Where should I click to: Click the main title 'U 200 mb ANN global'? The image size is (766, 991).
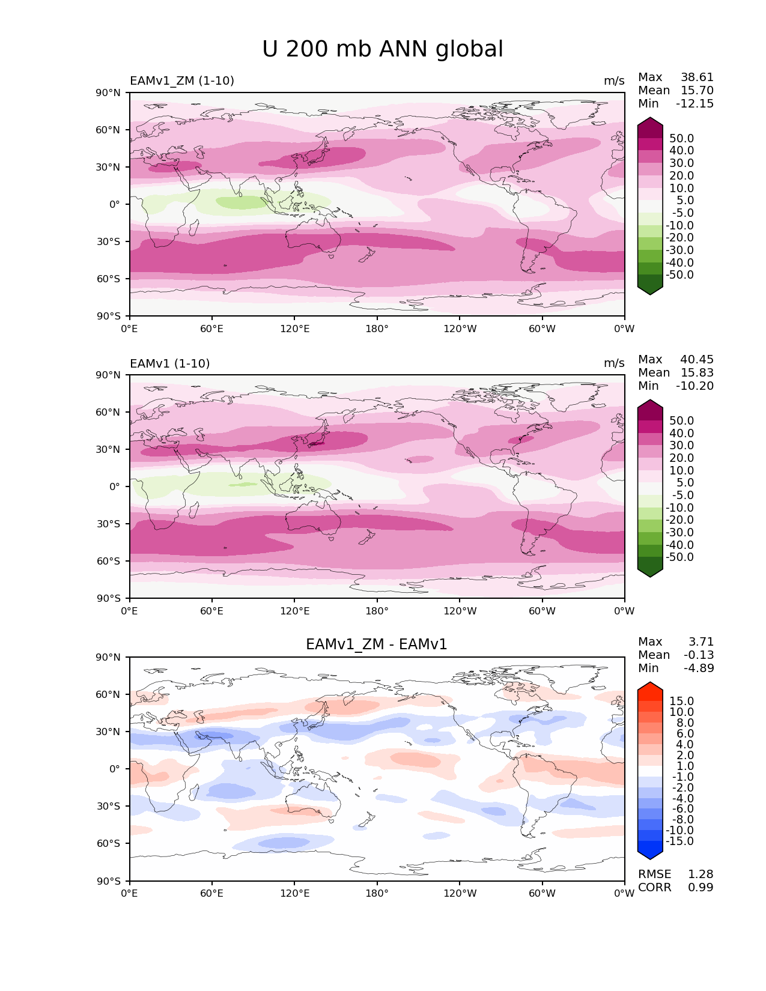coord(382,49)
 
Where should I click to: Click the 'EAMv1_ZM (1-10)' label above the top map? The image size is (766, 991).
coord(181,81)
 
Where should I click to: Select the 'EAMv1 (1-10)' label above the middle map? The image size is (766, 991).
coord(169,363)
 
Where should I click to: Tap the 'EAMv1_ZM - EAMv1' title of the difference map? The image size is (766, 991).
coord(376,644)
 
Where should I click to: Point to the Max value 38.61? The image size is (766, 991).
coord(697,77)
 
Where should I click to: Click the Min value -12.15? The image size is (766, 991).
coord(695,103)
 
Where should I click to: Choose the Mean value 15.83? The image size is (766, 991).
coord(697,372)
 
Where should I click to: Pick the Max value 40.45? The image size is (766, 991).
coord(697,359)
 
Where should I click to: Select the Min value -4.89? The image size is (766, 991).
coord(699,668)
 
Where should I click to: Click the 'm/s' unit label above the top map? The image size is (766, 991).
coord(614,81)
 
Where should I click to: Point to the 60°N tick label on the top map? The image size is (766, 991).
coord(108,130)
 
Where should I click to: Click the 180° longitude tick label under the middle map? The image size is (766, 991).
coord(377,611)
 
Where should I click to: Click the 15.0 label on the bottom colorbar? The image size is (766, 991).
coord(681,701)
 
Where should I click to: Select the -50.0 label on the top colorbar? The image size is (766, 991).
coord(679,274)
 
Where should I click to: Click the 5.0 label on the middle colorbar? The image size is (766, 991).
coord(685,482)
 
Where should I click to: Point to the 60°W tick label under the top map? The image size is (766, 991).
coord(542,329)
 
